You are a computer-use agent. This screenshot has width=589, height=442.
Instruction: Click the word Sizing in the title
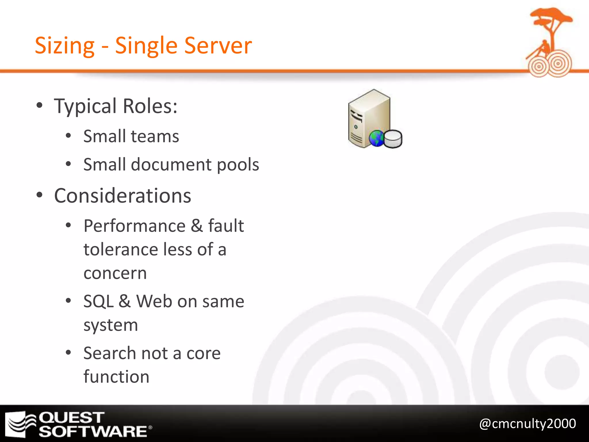tap(64, 46)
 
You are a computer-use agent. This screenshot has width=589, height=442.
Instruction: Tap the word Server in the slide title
tap(218, 45)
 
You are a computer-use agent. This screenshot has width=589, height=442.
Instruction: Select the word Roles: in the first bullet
tap(150, 106)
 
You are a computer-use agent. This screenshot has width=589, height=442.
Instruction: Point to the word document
tap(171, 165)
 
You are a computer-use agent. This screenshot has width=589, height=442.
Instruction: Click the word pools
tap(238, 165)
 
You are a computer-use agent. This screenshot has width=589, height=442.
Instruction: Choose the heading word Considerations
tap(123, 196)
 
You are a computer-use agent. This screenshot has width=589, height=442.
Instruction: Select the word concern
tap(115, 273)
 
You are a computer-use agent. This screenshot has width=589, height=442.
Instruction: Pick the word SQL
tap(98, 302)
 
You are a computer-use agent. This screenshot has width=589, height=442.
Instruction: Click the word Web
tap(154, 301)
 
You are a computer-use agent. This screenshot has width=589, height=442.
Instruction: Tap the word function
tap(116, 377)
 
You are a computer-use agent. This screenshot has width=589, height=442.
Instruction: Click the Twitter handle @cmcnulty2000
tap(527, 424)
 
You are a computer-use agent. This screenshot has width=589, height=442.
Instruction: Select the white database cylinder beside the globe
tap(393, 139)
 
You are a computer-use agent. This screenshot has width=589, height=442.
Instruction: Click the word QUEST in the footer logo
tap(72, 418)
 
